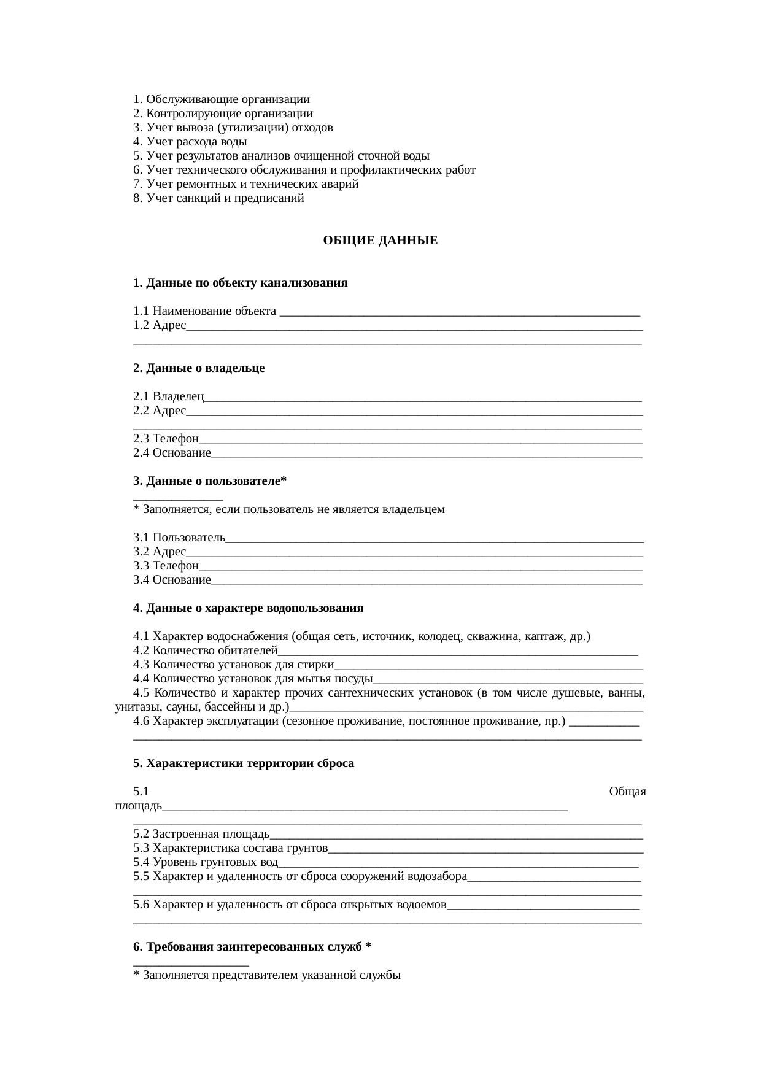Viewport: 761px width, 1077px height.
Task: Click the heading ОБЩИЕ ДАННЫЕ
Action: point(380,241)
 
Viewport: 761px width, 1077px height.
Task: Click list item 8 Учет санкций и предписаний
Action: point(218,198)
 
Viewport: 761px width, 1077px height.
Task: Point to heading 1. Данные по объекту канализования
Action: point(240,283)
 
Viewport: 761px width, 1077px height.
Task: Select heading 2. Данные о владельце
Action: point(199,368)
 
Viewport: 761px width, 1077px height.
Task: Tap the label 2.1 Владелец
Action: point(169,396)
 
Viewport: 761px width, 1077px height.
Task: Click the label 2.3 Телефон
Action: point(166,439)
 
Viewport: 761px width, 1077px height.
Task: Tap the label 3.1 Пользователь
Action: point(179,538)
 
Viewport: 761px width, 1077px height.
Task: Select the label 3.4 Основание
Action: point(172,580)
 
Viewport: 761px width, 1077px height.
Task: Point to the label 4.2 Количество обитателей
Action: point(206,650)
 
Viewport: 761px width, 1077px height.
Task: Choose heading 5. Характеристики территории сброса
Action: point(244,763)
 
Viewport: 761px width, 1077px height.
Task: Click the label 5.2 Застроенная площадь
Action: point(201,834)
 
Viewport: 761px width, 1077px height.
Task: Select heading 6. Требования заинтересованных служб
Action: point(252,947)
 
